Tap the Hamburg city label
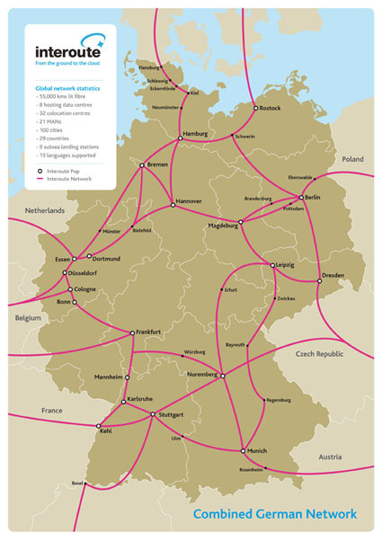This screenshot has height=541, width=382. click(195, 134)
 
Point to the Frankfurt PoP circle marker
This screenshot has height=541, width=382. click(132, 333)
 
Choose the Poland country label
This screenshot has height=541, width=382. click(351, 159)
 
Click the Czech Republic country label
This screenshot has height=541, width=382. click(319, 354)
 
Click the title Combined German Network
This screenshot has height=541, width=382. click(275, 514)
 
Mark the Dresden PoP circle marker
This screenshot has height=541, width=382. click(319, 281)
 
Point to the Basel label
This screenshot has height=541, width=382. click(77, 483)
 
